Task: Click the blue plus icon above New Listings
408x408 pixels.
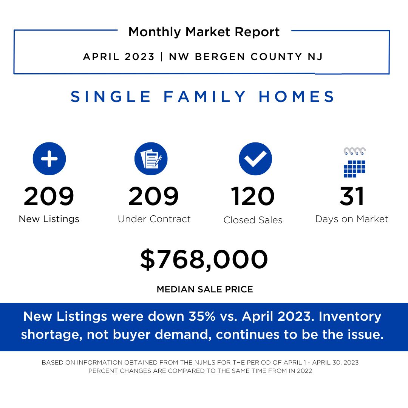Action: point(49,159)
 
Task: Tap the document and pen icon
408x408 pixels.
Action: point(151,159)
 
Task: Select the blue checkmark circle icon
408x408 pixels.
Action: point(255,159)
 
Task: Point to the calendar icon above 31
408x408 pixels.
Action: point(354,162)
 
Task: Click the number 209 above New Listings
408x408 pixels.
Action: point(49,196)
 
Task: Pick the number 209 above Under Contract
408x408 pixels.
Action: point(153,196)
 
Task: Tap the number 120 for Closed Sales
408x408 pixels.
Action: point(253,196)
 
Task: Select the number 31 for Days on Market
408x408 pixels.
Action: point(352,196)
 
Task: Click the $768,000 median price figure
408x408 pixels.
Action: point(204,260)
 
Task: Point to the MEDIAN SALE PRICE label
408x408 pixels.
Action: point(205,289)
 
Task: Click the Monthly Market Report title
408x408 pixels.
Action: point(204,32)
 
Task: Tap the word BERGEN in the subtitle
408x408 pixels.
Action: point(220,56)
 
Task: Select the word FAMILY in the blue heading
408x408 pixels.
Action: point(205,97)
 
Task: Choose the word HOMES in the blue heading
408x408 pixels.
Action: point(297,97)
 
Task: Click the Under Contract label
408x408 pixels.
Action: point(154,219)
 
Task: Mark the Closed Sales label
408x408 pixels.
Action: point(253,220)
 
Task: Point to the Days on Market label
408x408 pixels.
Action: point(352,219)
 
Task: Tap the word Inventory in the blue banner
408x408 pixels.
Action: point(350,317)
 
